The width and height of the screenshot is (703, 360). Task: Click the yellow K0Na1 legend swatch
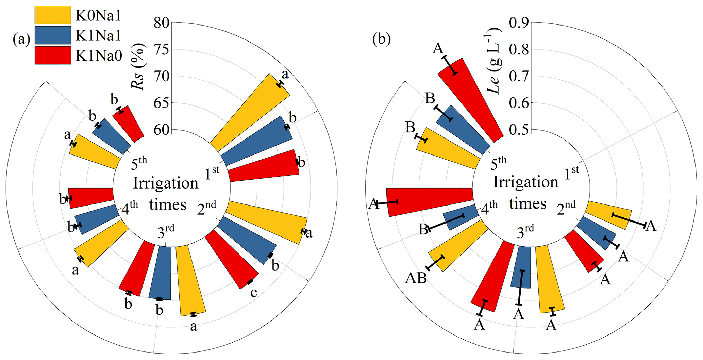(53, 15)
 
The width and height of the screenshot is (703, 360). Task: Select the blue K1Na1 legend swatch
(53, 35)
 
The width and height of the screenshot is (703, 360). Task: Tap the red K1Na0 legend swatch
(53, 55)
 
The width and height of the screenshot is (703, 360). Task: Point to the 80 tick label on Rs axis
(161, 23)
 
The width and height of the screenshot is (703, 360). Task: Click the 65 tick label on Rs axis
(161, 103)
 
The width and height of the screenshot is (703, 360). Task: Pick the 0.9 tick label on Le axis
(519, 23)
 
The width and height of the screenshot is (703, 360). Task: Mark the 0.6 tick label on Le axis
(519, 103)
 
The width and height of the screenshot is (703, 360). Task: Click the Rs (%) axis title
(138, 67)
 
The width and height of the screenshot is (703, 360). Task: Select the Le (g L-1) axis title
(494, 61)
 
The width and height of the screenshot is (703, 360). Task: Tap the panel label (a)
(21, 39)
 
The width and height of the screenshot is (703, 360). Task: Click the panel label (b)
(381, 39)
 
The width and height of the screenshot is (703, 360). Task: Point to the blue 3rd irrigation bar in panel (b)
(521, 267)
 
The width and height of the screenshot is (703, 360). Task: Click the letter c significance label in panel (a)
(254, 293)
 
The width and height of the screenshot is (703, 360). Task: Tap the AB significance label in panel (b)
(416, 278)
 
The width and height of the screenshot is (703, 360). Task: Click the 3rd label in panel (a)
(166, 232)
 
